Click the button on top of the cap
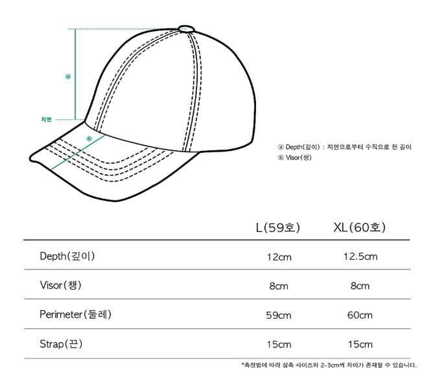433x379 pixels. (187, 29)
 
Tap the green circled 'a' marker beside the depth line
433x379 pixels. (68, 76)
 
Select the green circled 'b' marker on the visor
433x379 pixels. (89, 139)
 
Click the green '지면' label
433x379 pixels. (46, 119)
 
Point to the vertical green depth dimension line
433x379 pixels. (75, 75)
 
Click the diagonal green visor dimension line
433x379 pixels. (78, 152)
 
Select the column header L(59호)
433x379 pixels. (278, 227)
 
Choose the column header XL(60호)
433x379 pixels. (359, 227)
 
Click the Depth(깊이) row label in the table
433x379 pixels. (67, 256)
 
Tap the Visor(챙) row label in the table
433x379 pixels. (60, 285)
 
